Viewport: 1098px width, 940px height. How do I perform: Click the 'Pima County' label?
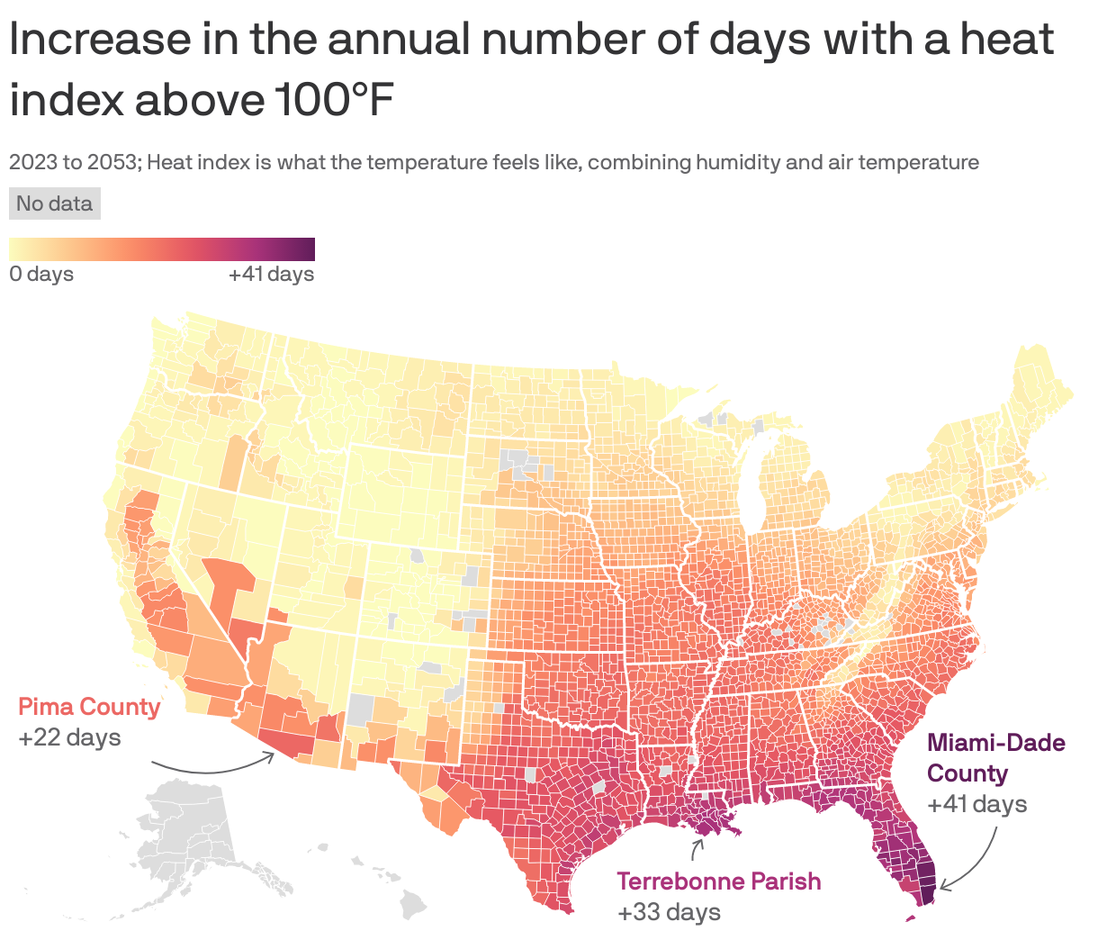tap(89, 707)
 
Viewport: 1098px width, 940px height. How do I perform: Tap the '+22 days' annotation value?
tap(69, 737)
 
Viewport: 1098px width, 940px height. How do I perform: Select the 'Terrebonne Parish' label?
tap(718, 881)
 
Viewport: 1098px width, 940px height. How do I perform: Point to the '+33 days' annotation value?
tap(669, 912)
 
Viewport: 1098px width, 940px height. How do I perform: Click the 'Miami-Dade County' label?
tap(995, 758)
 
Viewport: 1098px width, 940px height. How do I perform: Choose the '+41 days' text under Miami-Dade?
tap(976, 803)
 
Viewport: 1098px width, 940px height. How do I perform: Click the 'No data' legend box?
tap(55, 203)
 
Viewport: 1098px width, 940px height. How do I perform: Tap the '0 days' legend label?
tap(41, 274)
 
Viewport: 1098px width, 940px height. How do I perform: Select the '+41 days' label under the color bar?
tap(271, 274)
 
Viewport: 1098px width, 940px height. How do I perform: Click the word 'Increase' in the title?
tap(100, 41)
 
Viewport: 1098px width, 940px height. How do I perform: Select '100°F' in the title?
tap(332, 101)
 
